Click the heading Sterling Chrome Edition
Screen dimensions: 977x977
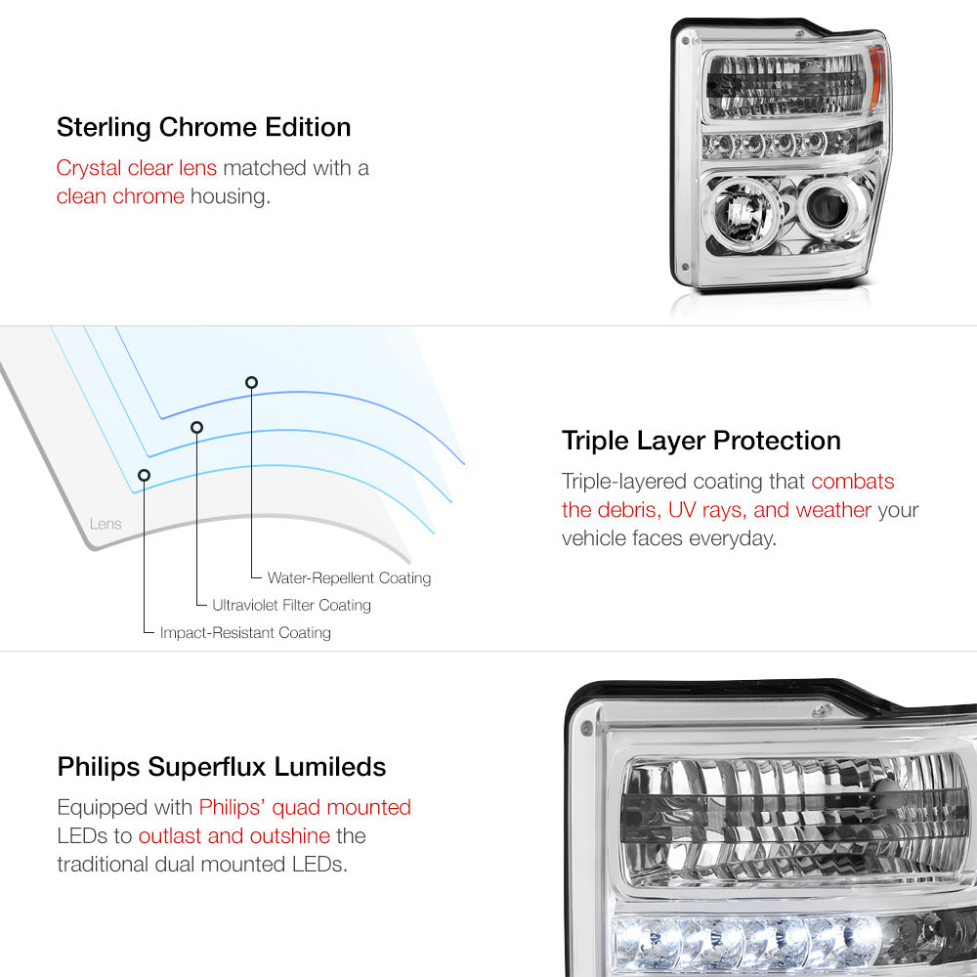[204, 127]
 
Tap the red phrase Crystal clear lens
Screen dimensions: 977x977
[137, 168]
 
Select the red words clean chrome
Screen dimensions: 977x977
[120, 196]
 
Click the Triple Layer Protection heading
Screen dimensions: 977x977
[701, 441]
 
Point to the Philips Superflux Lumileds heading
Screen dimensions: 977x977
[221, 766]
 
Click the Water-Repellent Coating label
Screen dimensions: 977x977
[349, 578]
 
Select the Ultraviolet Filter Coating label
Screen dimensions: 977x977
[291, 605]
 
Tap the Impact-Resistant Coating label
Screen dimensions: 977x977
[245, 632]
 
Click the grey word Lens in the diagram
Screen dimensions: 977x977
[106, 524]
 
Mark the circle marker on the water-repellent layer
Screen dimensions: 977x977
[251, 383]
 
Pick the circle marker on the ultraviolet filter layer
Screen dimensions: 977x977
[197, 428]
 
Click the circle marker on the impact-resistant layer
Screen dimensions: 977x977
[144, 476]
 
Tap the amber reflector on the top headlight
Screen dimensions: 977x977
[876, 76]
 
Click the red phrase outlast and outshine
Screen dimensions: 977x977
[234, 835]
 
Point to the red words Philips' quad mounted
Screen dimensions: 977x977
[305, 808]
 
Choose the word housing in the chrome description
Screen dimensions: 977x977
[231, 197]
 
